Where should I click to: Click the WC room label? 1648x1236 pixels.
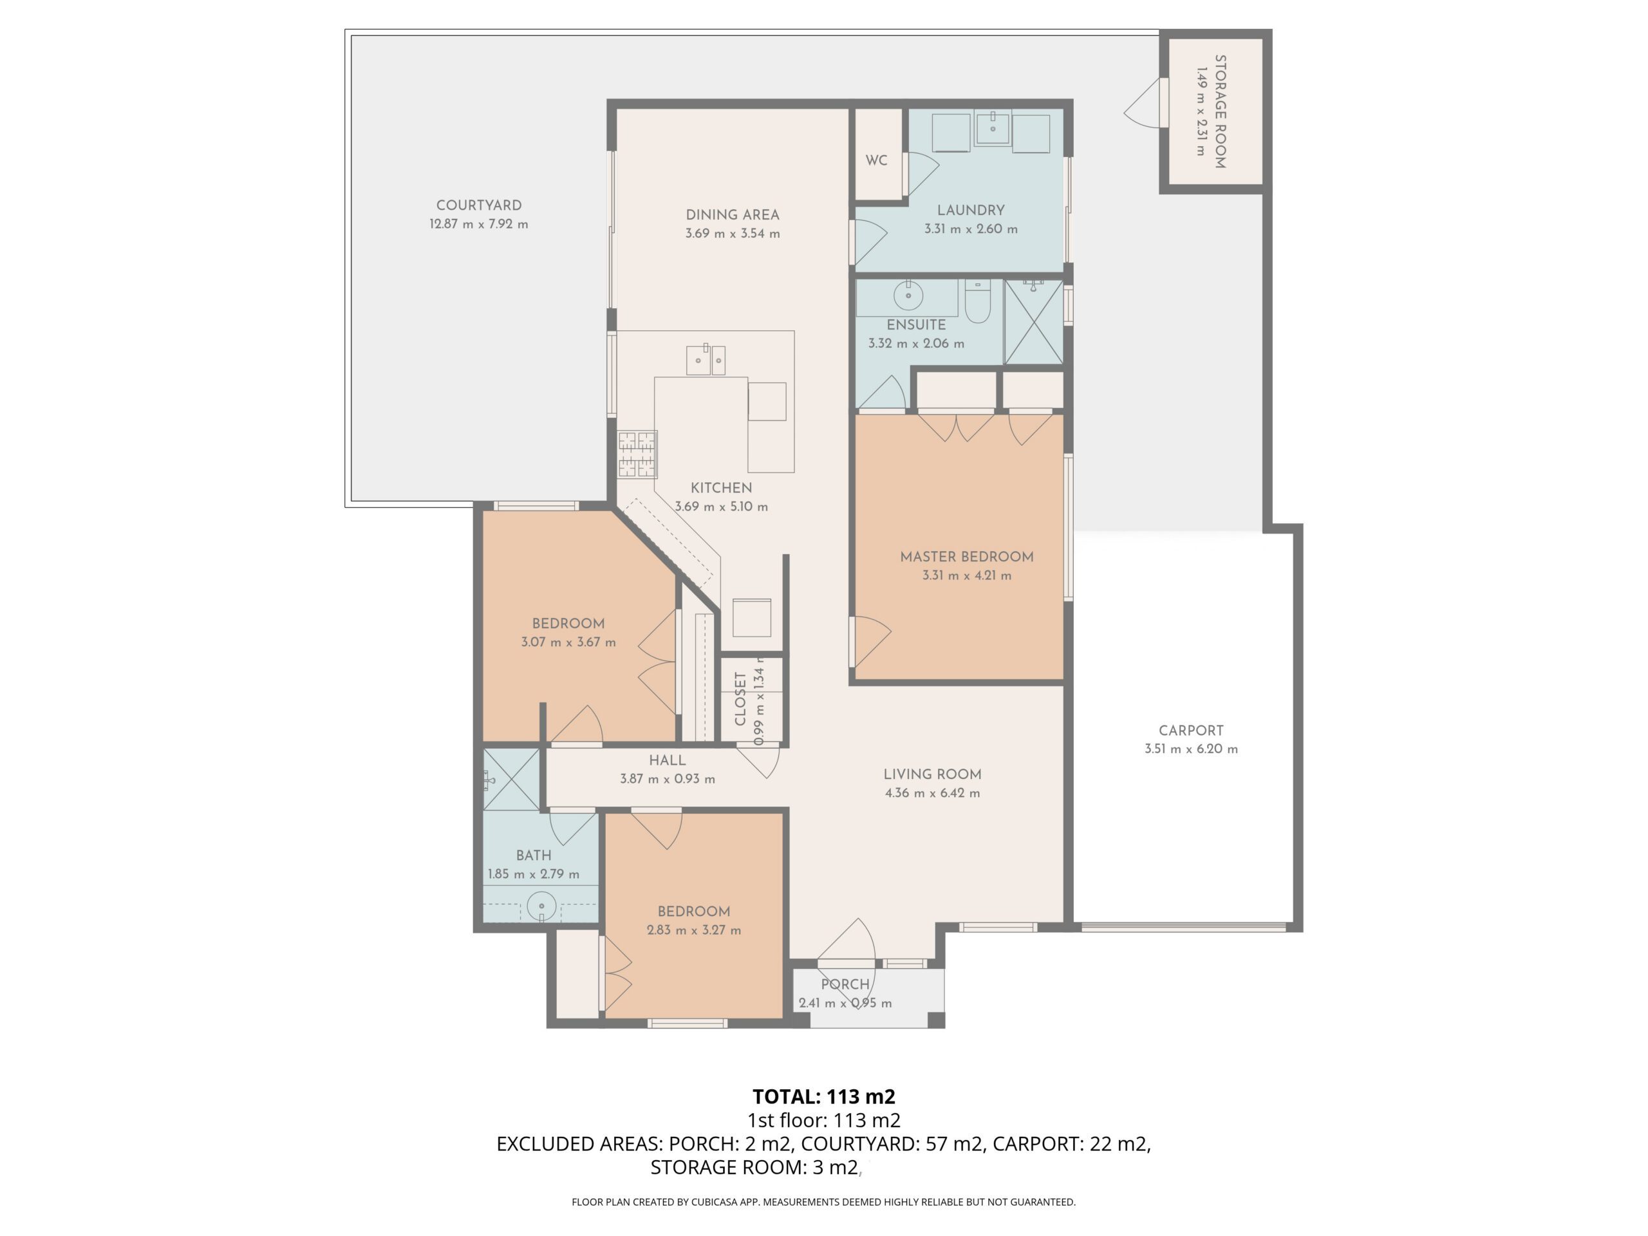(x=876, y=160)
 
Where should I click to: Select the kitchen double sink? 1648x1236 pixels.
(x=706, y=360)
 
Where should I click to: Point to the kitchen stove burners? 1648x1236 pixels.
(x=638, y=454)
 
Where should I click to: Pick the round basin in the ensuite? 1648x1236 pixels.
(x=908, y=295)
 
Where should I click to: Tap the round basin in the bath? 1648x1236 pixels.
(x=541, y=906)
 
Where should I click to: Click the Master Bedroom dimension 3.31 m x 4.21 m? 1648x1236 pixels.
(x=966, y=575)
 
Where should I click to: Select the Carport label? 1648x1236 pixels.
(x=1190, y=731)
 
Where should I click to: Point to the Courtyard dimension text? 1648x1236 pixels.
(x=478, y=224)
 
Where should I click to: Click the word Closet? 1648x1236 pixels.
(x=740, y=699)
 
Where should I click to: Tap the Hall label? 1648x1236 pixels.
(x=667, y=761)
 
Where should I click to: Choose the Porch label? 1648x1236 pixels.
(x=845, y=984)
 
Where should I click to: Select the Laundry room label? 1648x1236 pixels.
(x=971, y=210)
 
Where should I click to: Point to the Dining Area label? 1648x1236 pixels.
(x=733, y=214)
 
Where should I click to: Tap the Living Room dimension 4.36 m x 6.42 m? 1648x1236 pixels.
(x=932, y=792)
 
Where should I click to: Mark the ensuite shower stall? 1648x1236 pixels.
(x=1033, y=322)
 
